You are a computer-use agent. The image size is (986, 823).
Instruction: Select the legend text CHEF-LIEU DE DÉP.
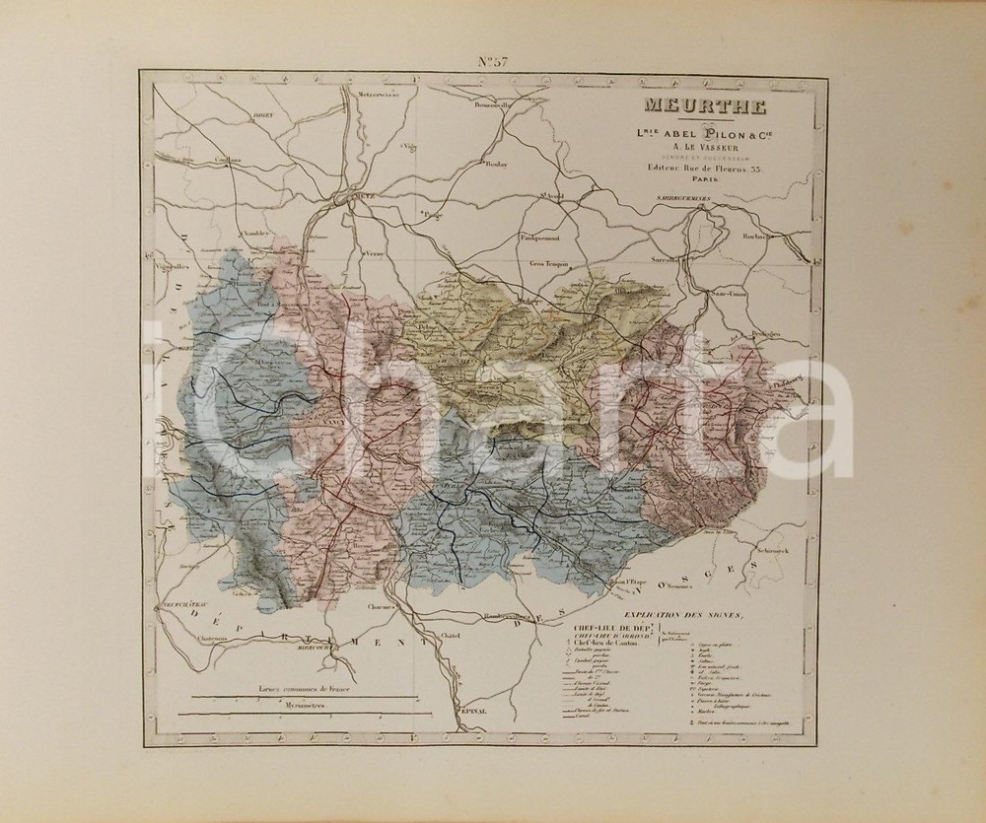click(x=600, y=628)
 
